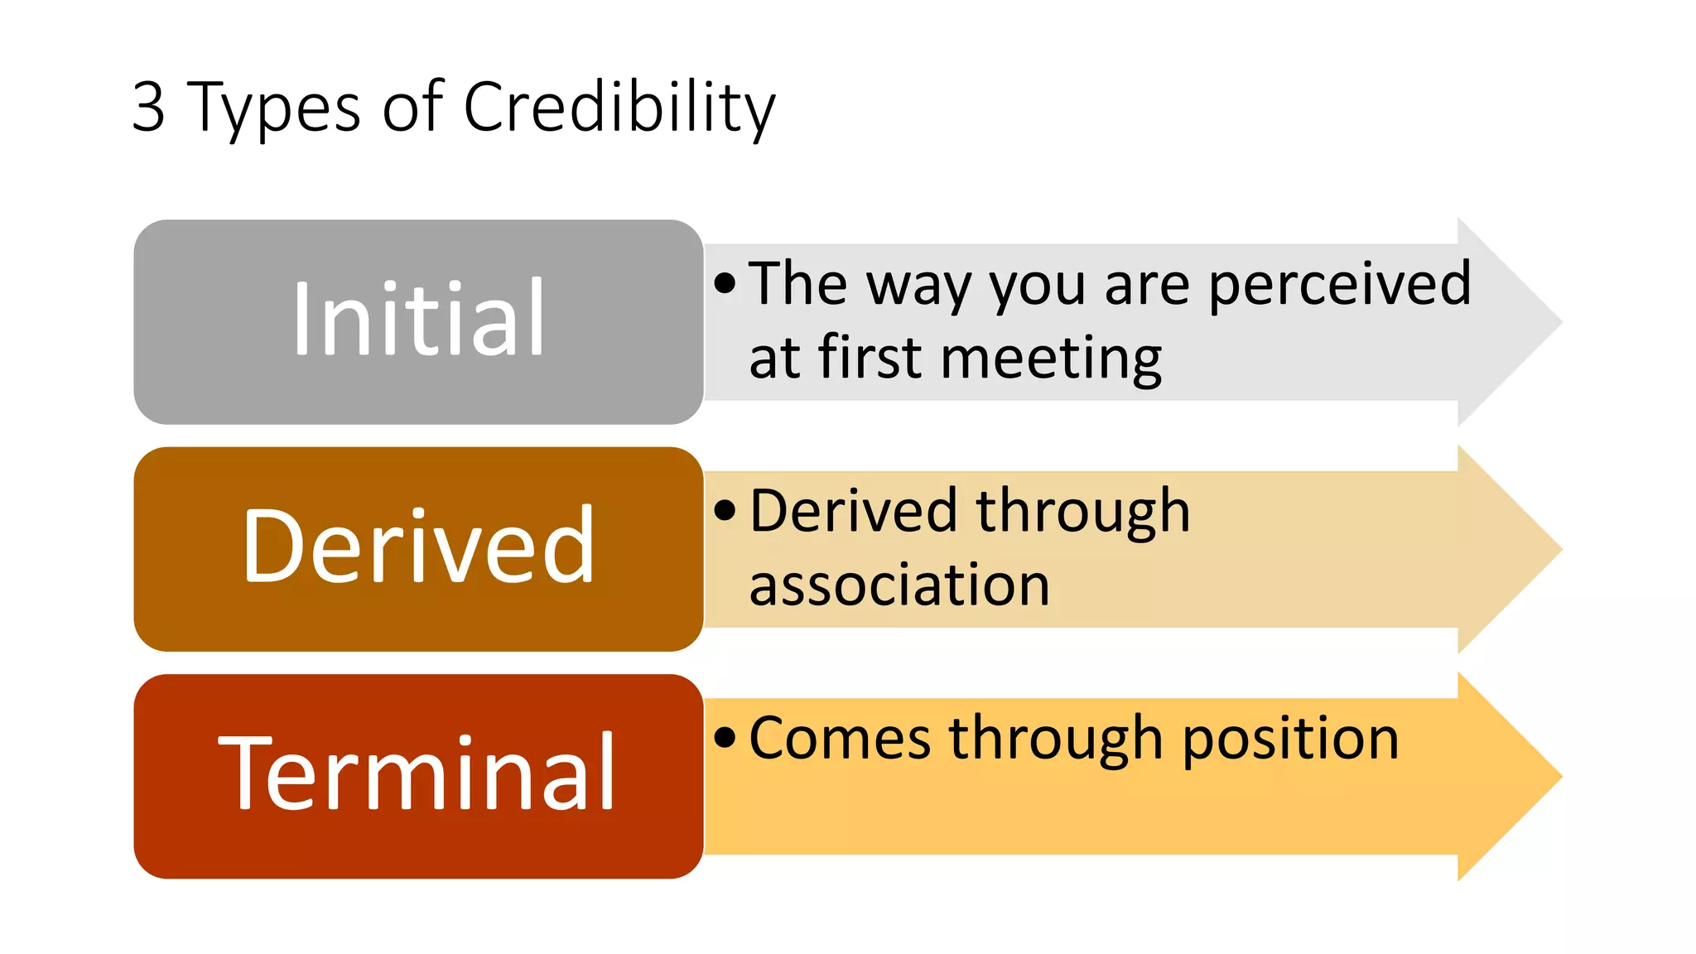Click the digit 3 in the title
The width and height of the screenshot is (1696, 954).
coord(149,107)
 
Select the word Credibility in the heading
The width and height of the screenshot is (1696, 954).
coord(619,108)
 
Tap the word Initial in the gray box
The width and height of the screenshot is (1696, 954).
coord(418,320)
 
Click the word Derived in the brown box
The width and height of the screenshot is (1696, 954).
coord(418,547)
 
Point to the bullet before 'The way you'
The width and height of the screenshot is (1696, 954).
coord(725,284)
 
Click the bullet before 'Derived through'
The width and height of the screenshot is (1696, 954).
coord(725,511)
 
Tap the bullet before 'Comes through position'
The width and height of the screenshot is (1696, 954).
coord(725,737)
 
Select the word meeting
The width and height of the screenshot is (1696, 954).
coord(1051,359)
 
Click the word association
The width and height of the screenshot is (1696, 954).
coord(899,585)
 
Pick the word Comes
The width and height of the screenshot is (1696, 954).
coord(840,738)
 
